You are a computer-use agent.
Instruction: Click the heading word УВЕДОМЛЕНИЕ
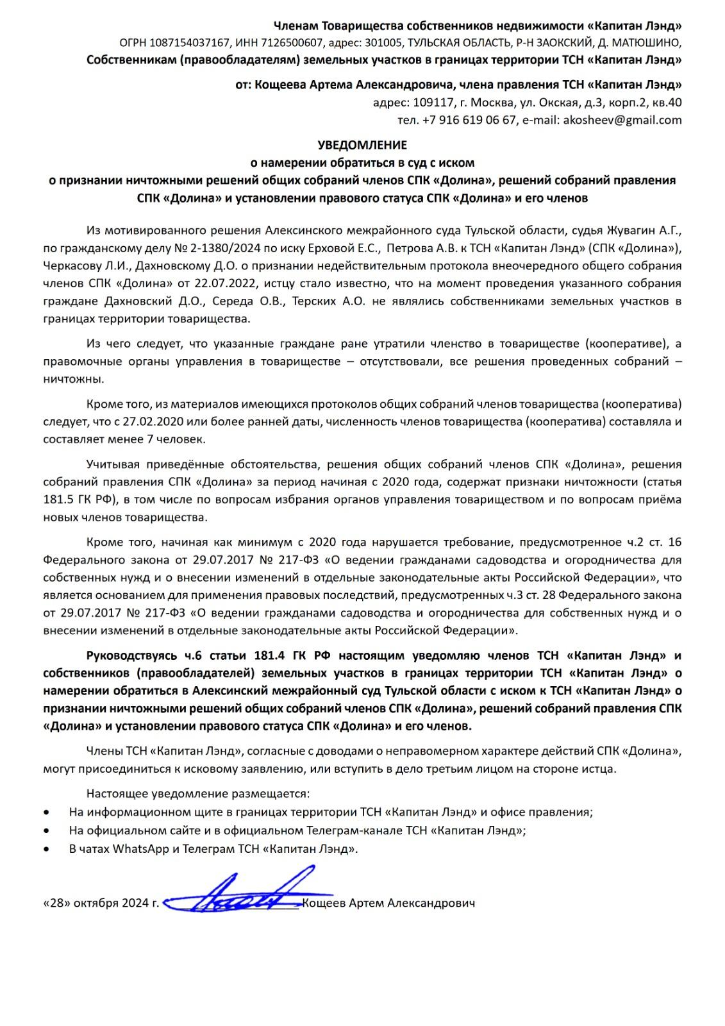click(363, 146)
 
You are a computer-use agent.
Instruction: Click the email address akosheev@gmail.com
click(622, 120)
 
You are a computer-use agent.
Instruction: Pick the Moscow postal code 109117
click(434, 103)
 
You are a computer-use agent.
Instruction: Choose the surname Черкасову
click(71, 265)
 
